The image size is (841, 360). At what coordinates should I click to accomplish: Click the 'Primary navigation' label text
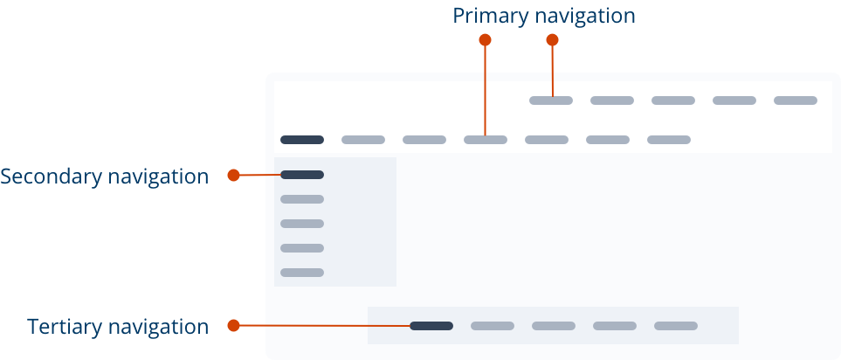click(544, 16)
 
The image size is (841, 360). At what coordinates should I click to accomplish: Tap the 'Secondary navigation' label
click(105, 177)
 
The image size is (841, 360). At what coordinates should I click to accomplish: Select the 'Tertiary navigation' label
click(118, 327)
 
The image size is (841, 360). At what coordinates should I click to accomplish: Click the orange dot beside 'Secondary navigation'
click(233, 176)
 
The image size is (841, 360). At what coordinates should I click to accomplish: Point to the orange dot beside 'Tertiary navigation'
click(233, 326)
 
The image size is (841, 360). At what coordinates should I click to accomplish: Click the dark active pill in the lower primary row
click(302, 140)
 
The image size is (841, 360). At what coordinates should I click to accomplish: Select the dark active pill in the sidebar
click(302, 175)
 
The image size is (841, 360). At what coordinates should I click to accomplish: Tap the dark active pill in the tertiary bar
click(431, 326)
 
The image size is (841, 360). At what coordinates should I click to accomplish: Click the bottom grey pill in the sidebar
click(302, 273)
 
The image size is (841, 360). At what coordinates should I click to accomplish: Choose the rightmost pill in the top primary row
click(796, 100)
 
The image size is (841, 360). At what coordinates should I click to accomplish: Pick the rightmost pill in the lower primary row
click(669, 140)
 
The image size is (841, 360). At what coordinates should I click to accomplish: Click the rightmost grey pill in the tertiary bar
click(676, 326)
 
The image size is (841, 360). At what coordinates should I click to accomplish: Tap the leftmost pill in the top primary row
click(551, 100)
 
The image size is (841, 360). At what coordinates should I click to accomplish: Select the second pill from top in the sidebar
click(302, 199)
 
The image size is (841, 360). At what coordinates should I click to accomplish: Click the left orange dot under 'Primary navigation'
click(486, 39)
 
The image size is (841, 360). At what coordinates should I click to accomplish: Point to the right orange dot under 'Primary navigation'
click(553, 39)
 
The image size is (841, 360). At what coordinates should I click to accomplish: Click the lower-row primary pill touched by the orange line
click(486, 140)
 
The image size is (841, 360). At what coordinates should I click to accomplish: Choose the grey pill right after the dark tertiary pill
click(493, 326)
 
